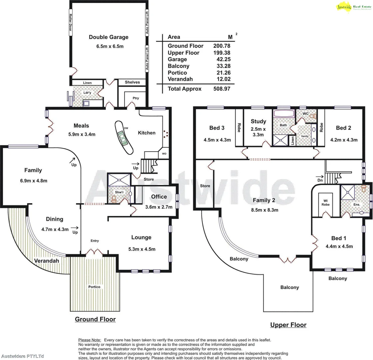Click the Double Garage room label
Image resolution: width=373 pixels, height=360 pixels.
[x=108, y=37]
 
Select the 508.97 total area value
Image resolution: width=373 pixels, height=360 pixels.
[x=222, y=89]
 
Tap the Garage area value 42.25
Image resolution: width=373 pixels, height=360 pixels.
[x=223, y=59]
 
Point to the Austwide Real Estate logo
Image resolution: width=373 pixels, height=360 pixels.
[x=353, y=7]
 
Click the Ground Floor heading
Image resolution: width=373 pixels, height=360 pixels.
[x=95, y=319]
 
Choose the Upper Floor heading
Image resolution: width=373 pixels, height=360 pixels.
[x=288, y=325]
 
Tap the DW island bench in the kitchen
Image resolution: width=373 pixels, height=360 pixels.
[x=124, y=137]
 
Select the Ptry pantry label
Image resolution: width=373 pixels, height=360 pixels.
[x=135, y=98]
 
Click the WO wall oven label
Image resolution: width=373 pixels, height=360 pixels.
[x=164, y=154]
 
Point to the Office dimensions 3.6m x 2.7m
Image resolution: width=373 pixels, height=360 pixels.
[x=159, y=207]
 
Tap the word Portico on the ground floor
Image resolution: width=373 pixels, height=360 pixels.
[x=94, y=287]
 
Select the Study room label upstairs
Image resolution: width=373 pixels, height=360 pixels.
[x=258, y=121]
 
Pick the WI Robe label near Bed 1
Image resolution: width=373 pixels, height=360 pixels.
[x=326, y=202]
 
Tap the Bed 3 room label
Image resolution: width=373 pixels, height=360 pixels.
[x=217, y=128]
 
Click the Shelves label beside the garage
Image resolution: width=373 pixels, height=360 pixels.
[x=132, y=82]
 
